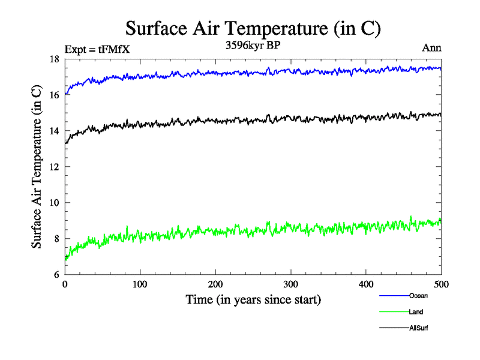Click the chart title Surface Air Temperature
[x=253, y=29]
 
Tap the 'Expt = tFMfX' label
[x=97, y=49]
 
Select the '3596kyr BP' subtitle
[x=253, y=46]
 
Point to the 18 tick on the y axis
[x=53, y=59]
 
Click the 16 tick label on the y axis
[x=53, y=95]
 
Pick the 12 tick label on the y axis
[x=53, y=167]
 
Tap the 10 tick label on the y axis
[x=53, y=203]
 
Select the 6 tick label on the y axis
[x=56, y=275]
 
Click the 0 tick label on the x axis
[x=65, y=284]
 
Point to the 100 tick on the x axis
[x=140, y=284]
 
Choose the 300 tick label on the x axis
[x=290, y=284]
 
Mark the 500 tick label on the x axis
[x=441, y=284]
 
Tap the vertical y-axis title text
[x=37, y=167]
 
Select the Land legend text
[x=416, y=312]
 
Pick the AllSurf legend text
[x=419, y=328]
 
